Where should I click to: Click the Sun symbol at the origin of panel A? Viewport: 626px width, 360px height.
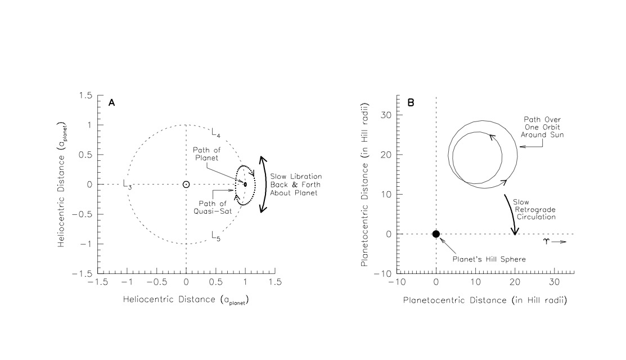point(186,184)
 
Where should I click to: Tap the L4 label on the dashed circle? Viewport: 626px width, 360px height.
point(216,133)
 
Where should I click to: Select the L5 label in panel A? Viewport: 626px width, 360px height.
point(216,236)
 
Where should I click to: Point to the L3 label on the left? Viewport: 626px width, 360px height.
point(127,185)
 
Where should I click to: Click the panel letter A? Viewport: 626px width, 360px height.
point(112,102)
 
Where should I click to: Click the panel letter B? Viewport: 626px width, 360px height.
point(411,102)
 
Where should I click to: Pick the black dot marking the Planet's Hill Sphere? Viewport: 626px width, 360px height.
point(436,234)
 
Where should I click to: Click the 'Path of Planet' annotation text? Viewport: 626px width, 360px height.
point(206,154)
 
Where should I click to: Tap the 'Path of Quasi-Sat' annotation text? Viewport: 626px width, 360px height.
point(213,208)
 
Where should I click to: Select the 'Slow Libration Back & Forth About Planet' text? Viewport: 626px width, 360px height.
point(296,184)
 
